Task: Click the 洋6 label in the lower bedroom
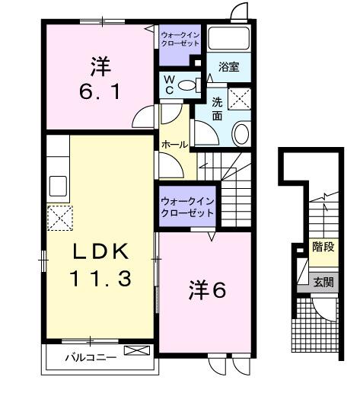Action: (x=206, y=290)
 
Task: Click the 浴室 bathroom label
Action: (x=229, y=66)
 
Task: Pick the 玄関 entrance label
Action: (x=323, y=281)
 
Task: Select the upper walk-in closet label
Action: (x=180, y=38)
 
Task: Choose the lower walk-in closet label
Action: (x=186, y=208)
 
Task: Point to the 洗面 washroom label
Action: (x=217, y=108)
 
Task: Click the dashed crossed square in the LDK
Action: (x=59, y=218)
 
